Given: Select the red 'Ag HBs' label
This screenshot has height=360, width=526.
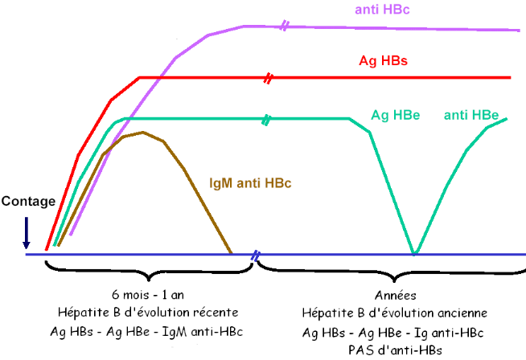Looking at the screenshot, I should [383, 61].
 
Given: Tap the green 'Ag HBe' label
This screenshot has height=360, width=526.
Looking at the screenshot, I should [395, 115].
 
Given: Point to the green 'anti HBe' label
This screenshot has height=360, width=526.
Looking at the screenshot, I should [471, 115].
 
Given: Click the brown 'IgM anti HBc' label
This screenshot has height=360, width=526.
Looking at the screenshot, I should [249, 182].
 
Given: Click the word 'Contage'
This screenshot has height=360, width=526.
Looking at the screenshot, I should [28, 202].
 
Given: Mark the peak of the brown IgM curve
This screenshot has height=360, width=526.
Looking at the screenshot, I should [142, 132].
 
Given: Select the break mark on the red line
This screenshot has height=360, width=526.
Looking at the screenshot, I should [269, 78].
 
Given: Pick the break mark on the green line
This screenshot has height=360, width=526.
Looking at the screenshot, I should [266, 119].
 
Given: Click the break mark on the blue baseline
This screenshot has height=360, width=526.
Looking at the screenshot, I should [255, 256].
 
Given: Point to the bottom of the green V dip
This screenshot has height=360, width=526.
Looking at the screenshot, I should [413, 253].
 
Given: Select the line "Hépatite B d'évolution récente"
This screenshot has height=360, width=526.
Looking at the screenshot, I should [150, 312].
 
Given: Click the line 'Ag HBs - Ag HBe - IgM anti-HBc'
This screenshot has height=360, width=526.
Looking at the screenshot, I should [150, 331].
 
